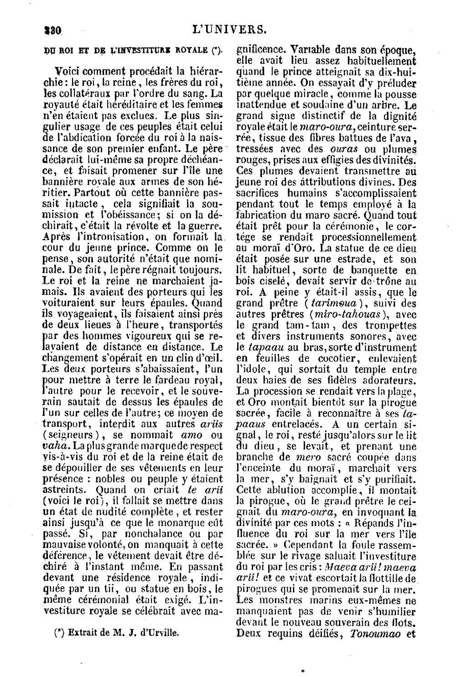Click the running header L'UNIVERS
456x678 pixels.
click(x=230, y=30)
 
